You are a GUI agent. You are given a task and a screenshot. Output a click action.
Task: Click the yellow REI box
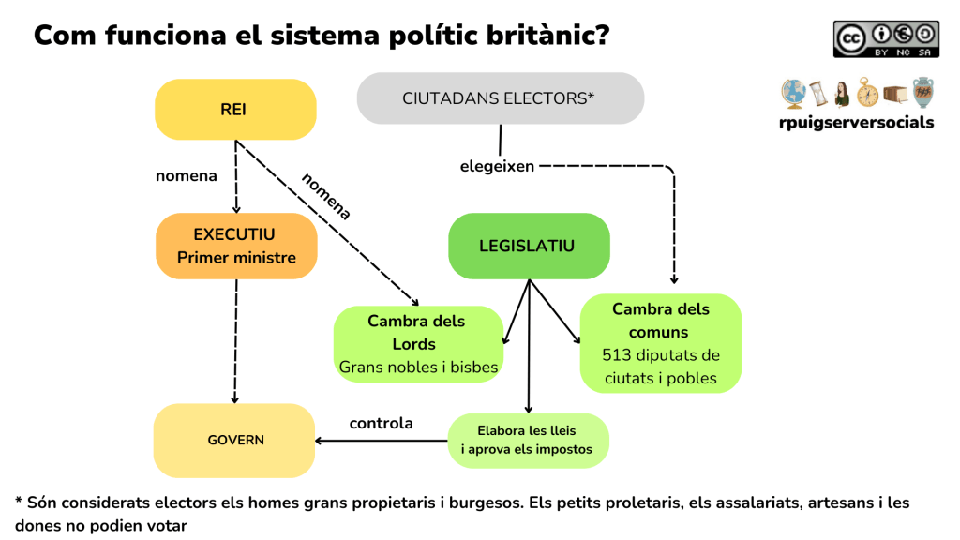[x=234, y=110]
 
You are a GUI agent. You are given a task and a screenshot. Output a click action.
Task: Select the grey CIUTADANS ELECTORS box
[x=500, y=97]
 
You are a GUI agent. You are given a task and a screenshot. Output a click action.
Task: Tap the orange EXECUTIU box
[x=236, y=246]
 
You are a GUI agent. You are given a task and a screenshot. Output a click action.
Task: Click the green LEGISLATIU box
[x=528, y=247]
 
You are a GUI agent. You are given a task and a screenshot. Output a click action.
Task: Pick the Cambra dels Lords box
[x=417, y=344]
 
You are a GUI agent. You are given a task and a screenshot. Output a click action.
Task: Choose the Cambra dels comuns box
[x=661, y=343]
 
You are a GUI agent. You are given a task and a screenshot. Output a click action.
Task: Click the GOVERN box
[x=234, y=440]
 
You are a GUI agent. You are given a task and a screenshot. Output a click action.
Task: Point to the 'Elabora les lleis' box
[x=527, y=441]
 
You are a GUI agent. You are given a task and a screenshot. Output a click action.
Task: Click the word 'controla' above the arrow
[x=381, y=423]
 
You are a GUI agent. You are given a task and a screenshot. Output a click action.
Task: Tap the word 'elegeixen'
[x=497, y=166]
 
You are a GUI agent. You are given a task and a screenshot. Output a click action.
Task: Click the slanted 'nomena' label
[x=325, y=197]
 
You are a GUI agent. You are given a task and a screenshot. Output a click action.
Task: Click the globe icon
[x=793, y=94]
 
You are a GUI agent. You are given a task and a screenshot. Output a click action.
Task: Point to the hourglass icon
[x=818, y=94]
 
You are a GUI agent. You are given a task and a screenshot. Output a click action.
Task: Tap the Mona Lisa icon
[x=842, y=94]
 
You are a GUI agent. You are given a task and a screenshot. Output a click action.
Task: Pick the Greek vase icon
[x=923, y=94]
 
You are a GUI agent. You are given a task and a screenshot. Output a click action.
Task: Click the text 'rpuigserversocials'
[x=856, y=122]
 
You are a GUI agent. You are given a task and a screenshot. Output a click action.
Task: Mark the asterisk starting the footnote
[x=20, y=502]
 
